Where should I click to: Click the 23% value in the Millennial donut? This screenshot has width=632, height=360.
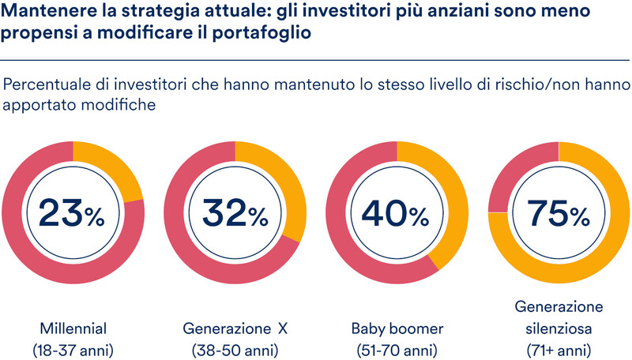tap(73, 212)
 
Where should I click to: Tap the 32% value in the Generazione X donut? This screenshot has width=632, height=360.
tap(235, 212)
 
